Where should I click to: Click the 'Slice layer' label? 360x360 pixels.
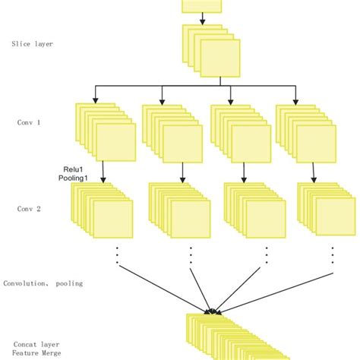(x=32, y=44)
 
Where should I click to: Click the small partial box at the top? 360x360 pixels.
(x=201, y=6)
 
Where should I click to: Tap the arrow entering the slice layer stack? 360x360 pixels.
(x=201, y=19)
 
